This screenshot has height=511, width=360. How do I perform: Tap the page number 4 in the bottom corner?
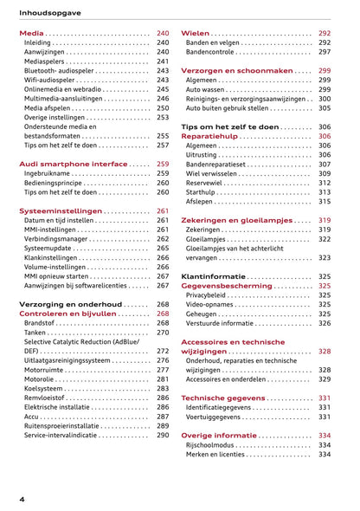(22, 500)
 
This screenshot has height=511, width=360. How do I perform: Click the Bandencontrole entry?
(215, 52)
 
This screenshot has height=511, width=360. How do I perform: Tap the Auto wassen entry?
(205, 89)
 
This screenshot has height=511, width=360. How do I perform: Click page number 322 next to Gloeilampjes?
(325, 239)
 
